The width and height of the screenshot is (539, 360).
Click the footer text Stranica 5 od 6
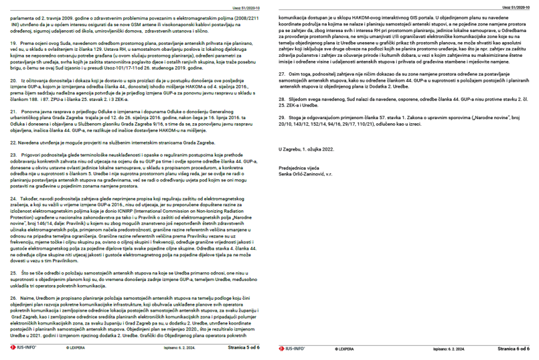click(x=243, y=349)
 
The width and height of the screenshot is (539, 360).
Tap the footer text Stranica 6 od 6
click(x=513, y=349)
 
